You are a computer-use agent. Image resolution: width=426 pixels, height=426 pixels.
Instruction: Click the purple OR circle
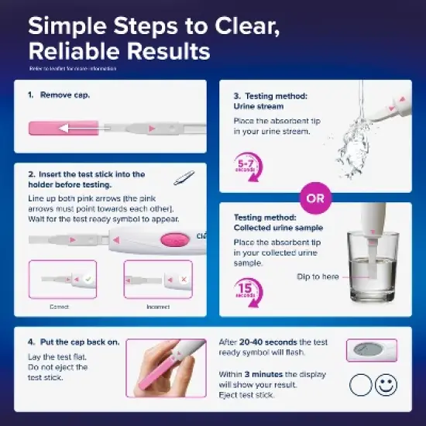314,198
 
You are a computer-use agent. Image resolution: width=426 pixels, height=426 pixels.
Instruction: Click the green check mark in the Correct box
89,277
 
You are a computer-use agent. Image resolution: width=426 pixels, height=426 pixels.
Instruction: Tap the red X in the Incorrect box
184,277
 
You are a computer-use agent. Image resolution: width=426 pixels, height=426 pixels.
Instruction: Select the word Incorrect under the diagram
158,307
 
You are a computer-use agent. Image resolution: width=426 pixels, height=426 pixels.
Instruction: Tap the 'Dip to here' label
317,277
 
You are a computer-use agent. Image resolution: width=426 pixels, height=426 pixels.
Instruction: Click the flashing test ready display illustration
370,350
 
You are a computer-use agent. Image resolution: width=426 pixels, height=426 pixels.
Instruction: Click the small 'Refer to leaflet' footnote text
73,69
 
